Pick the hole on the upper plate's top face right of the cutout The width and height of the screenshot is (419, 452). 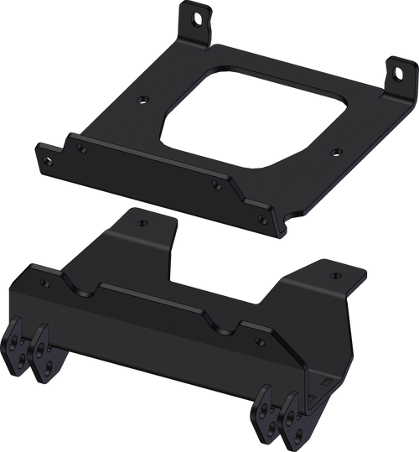tap(336, 152)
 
